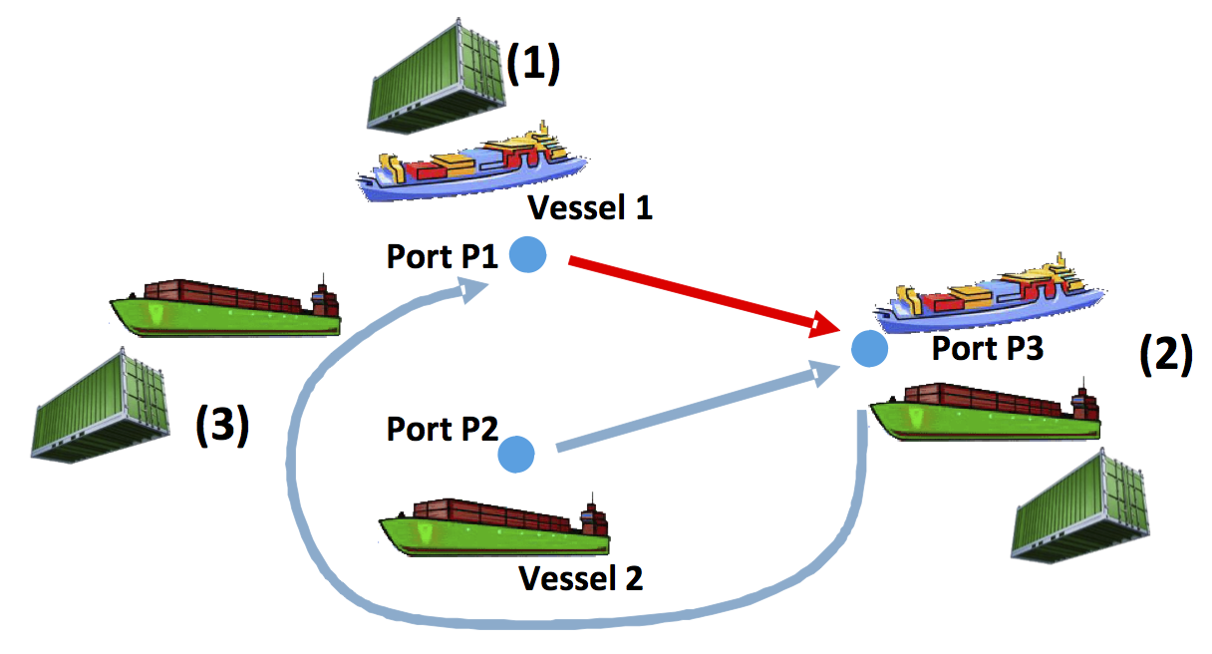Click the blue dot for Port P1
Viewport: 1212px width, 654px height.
click(527, 255)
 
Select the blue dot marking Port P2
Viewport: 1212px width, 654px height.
click(516, 454)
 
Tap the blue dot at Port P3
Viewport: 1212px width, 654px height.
click(870, 348)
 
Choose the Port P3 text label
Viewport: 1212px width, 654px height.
click(987, 348)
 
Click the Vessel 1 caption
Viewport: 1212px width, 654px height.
click(589, 209)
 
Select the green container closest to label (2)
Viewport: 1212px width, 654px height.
click(1080, 506)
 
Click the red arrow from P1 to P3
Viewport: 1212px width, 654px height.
click(698, 295)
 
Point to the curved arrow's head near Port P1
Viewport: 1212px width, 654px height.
click(472, 290)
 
